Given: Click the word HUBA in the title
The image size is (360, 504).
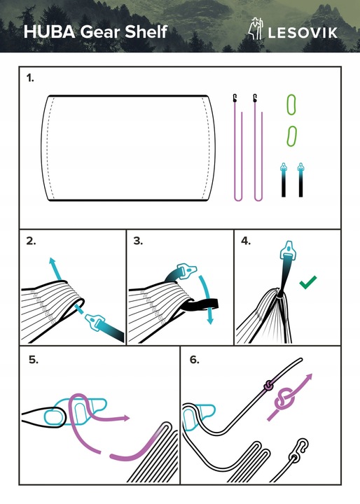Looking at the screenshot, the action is tap(50, 31).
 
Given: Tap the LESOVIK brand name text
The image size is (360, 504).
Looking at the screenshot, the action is tap(303, 33).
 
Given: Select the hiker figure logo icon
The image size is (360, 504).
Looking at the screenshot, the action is tap(256, 29).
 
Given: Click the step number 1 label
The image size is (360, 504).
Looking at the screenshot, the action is tap(30, 78).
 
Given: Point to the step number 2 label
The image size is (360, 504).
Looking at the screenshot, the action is tap(31, 241).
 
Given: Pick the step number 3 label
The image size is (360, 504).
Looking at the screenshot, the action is tap(138, 241).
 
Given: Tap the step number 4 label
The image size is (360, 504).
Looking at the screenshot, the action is tap(246, 241).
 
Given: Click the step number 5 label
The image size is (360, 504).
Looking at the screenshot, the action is tap(34, 359).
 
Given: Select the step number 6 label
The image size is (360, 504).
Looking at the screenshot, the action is tap(195, 359).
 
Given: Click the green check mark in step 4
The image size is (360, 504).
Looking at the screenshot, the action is tap(308, 282).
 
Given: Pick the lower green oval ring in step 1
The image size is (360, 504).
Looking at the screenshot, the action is tap(291, 136).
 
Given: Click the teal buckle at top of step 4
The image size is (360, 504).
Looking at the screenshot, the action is tap(288, 249).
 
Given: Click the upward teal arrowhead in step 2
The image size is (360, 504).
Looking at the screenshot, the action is tap(52, 260).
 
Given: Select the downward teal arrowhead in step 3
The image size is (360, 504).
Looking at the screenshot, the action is tap(210, 321).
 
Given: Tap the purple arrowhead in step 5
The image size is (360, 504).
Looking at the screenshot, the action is tap(125, 418).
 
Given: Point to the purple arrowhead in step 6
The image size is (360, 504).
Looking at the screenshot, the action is tap(308, 377).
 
